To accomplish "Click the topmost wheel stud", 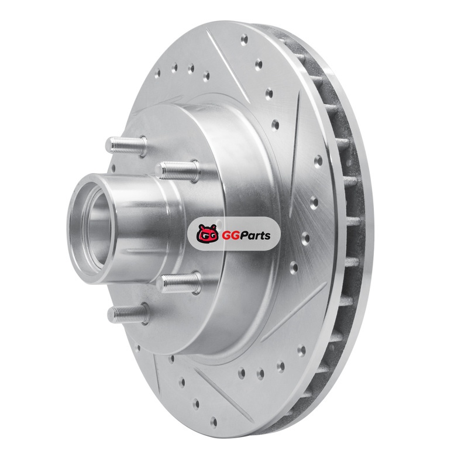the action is [x=126, y=145].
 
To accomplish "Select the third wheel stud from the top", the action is [x=178, y=282].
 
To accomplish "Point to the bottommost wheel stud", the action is [x=128, y=314].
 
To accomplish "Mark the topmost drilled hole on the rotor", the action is [x=245, y=39].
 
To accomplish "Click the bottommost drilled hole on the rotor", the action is [x=213, y=422].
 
